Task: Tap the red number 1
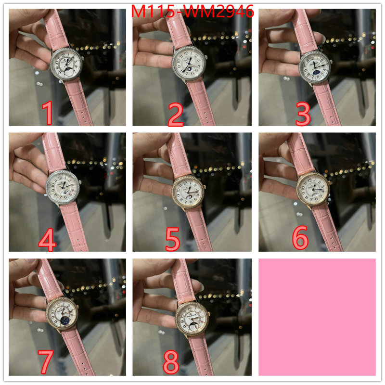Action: pyautogui.click(x=47, y=113)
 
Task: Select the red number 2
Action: pyautogui.click(x=175, y=114)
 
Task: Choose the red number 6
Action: pyautogui.click(x=300, y=238)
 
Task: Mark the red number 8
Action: pyautogui.click(x=171, y=362)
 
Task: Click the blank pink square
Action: pyautogui.click(x=317, y=317)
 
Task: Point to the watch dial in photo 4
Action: pyautogui.click(x=63, y=187)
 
